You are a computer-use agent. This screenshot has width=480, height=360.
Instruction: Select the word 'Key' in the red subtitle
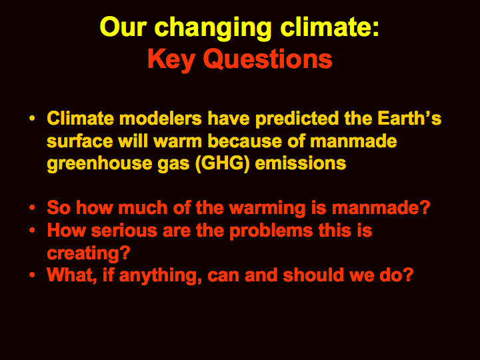pos(171,60)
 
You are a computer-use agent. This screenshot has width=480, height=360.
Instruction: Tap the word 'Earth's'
pos(409,119)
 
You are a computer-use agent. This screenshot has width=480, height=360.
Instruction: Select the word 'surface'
pos(80,141)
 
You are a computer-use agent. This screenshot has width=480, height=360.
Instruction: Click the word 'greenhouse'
pos(99,164)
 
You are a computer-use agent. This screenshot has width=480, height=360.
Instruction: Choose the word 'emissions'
pos(301,163)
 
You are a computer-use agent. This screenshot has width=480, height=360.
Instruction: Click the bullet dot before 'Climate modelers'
pos(32,119)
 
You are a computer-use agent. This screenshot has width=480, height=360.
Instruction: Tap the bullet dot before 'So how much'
pos(32,208)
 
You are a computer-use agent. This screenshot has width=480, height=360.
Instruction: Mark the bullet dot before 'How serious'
pos(32,230)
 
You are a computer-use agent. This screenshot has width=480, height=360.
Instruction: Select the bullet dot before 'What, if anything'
pos(32,275)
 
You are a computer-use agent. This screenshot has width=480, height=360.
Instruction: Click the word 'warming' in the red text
pos(267,209)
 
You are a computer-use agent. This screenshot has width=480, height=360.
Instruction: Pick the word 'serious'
pos(124,231)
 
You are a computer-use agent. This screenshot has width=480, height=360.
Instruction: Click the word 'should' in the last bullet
pos(313,275)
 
